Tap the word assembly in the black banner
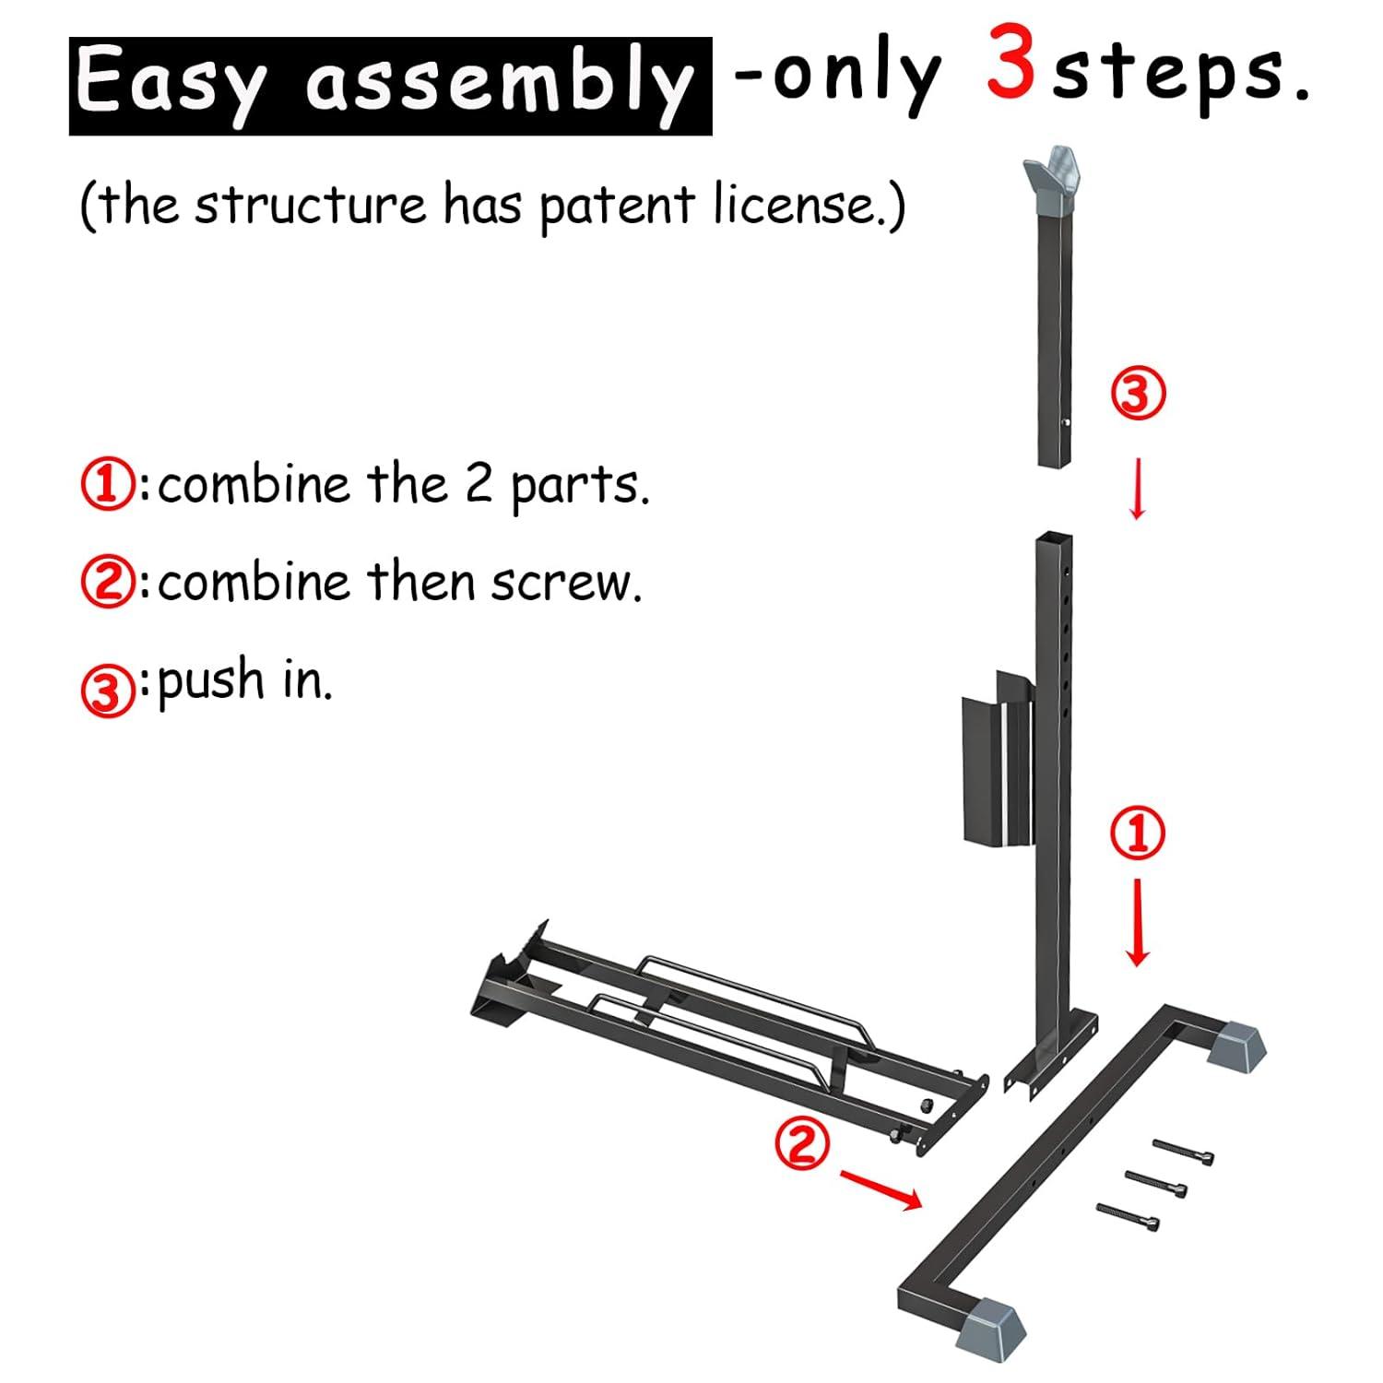pyautogui.click(x=498, y=85)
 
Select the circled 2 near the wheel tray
pyautogui.click(x=801, y=1143)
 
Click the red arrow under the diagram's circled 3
pyautogui.click(x=1138, y=489)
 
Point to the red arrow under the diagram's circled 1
pyautogui.click(x=1139, y=922)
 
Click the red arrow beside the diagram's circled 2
pyautogui.click(x=881, y=1188)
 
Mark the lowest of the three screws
pyautogui.click(x=1128, y=1216)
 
